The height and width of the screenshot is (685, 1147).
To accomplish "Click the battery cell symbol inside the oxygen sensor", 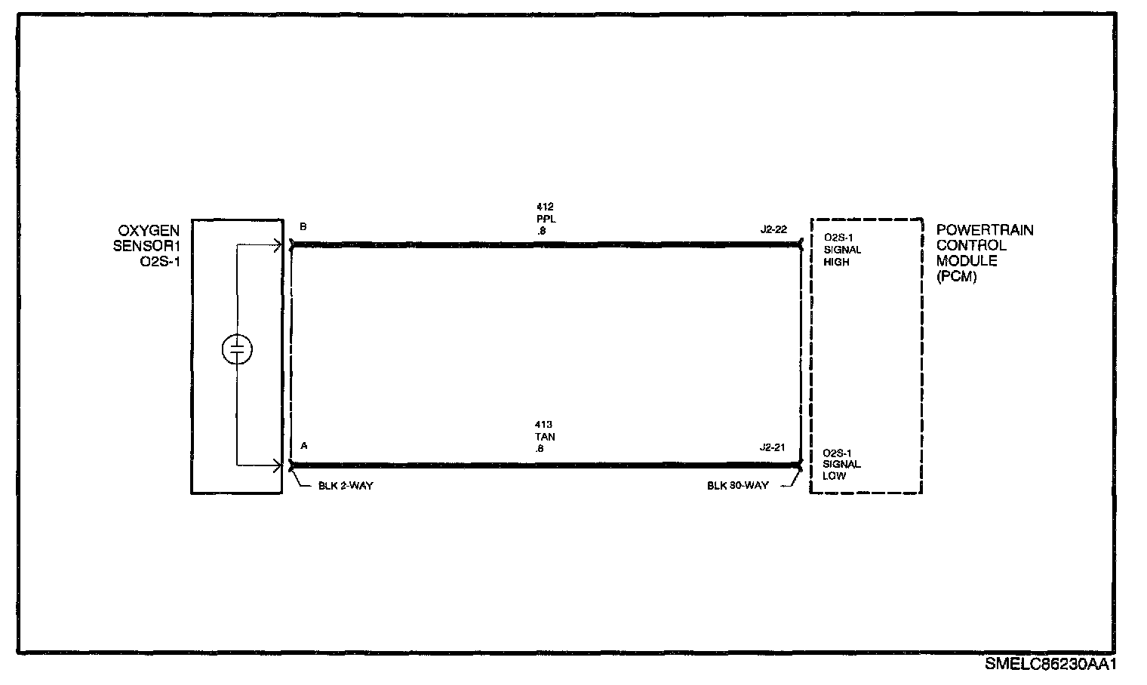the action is (x=237, y=349).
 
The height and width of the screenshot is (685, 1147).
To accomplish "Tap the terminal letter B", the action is (x=303, y=226).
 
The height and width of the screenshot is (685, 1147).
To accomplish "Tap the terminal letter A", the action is (x=303, y=446).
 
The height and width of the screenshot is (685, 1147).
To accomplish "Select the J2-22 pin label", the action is (x=773, y=229).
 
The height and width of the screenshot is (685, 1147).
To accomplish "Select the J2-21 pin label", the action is (x=772, y=447).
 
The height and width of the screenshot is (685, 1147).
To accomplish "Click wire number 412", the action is (x=545, y=207).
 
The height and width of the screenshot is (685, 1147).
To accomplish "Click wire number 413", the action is (x=544, y=425).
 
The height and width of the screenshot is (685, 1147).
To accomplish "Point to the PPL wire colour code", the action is (x=546, y=219).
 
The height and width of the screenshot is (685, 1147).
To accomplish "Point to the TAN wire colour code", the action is (x=546, y=437).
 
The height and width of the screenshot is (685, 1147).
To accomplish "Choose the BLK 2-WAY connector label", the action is (x=346, y=486).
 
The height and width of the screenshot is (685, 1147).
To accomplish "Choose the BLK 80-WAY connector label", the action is (x=738, y=486).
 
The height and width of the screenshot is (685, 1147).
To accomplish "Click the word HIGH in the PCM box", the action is (x=836, y=262).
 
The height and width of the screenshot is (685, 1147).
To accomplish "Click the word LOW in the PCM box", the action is (x=834, y=476).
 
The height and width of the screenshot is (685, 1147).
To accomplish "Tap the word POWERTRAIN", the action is (x=985, y=230).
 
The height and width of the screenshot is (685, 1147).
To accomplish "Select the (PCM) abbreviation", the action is (x=957, y=277).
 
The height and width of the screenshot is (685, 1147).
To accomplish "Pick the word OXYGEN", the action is (x=149, y=231).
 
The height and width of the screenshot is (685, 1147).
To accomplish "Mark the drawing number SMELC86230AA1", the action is (x=1050, y=665).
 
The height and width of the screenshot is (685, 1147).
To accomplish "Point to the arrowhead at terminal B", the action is (x=278, y=246).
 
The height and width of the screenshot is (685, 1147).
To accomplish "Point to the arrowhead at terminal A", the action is (x=278, y=466).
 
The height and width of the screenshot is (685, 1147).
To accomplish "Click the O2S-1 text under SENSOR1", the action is (x=160, y=262).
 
